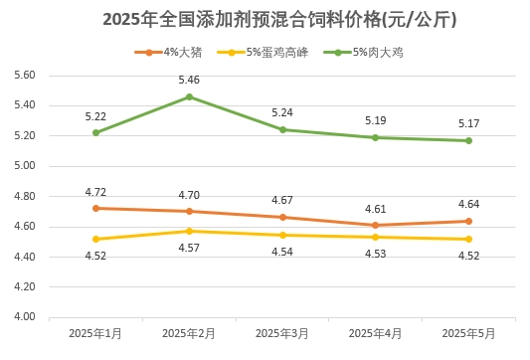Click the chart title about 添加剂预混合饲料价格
click(x=265, y=20)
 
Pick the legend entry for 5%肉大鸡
click(x=364, y=52)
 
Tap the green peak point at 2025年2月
click(x=189, y=96)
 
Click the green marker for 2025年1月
click(x=95, y=132)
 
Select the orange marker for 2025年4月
click(x=375, y=226)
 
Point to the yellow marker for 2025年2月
click(x=189, y=231)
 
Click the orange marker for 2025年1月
click(x=95, y=208)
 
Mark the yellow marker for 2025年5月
click(x=468, y=239)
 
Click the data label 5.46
click(x=189, y=79)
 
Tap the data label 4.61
click(x=375, y=209)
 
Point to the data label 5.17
click(x=468, y=123)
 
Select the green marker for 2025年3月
click(x=282, y=129)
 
